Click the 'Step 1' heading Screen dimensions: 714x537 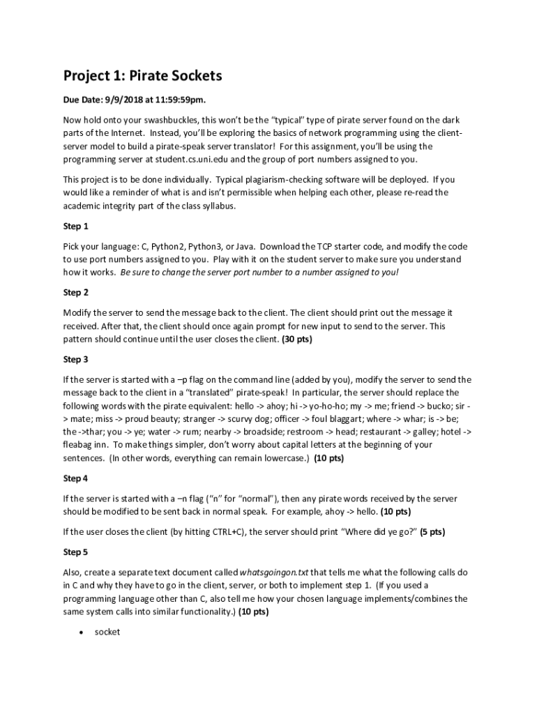(76, 227)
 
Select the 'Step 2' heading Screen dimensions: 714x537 (76, 293)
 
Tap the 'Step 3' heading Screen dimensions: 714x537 (76, 360)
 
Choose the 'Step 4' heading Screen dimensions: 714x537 (76, 478)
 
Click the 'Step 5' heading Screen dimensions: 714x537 (76, 552)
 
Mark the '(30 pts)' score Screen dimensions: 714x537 (296, 340)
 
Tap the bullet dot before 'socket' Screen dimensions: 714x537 (82, 632)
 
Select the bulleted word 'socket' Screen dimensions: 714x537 (107, 632)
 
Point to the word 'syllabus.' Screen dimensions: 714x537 (216, 206)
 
